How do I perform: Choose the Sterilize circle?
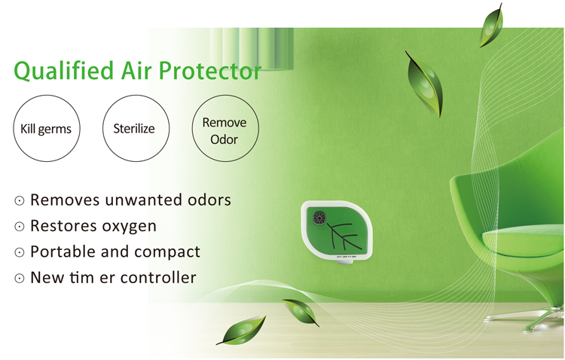[x=134, y=129]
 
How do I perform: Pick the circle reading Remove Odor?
[x=224, y=130]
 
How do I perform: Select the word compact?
[x=166, y=252]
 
